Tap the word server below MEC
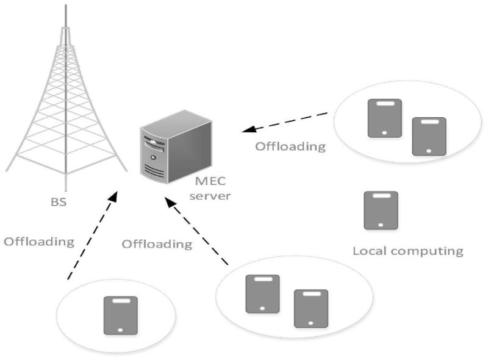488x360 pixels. pyautogui.click(x=209, y=196)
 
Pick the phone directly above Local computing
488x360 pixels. pyautogui.click(x=381, y=211)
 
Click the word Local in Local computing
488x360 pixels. pyautogui.click(x=368, y=250)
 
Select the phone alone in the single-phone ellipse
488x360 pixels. pyautogui.click(x=120, y=315)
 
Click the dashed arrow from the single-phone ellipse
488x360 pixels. pyautogui.click(x=91, y=238)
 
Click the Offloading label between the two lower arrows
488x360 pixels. pyautogui.click(x=157, y=244)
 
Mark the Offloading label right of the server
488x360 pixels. pyautogui.click(x=290, y=146)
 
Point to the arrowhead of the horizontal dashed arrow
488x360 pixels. pyautogui.click(x=245, y=130)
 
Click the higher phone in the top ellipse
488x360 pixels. pyautogui.click(x=384, y=118)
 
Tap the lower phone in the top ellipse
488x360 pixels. pyautogui.click(x=429, y=135)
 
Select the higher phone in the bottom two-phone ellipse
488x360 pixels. pyautogui.click(x=262, y=293)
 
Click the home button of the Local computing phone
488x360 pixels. pyautogui.click(x=381, y=223)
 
